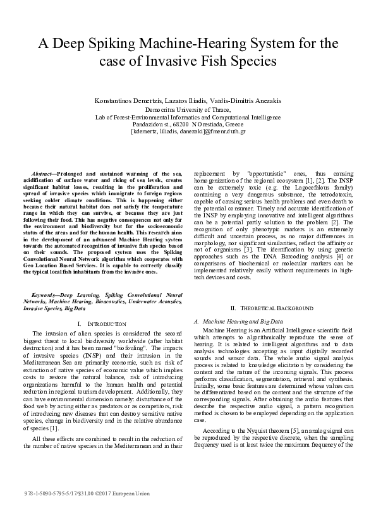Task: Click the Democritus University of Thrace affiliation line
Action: (x=188, y=109)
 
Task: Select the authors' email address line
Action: (x=188, y=131)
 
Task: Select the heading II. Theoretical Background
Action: (x=272, y=308)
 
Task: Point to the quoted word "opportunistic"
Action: (x=265, y=173)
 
